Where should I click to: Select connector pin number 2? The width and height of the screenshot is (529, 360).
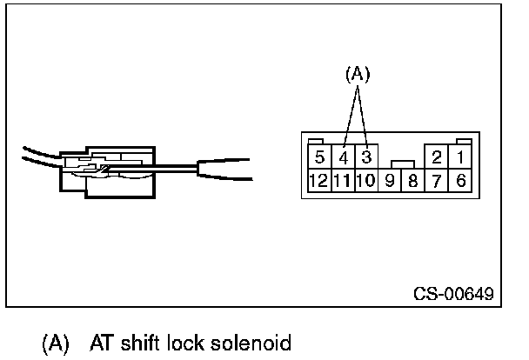click(x=437, y=157)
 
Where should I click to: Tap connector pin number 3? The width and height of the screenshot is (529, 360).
click(x=367, y=157)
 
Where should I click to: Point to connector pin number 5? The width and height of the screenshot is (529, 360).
click(x=320, y=157)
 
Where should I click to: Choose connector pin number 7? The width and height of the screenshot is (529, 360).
click(x=437, y=181)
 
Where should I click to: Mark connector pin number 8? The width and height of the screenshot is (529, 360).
click(x=413, y=181)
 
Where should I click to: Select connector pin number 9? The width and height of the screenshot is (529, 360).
click(x=391, y=181)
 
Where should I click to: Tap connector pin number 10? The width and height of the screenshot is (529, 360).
click(x=365, y=181)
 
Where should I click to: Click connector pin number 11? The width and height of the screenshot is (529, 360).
click(x=342, y=181)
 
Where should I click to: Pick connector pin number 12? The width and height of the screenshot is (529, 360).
click(x=318, y=181)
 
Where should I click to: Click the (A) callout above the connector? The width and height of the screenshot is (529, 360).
click(x=357, y=76)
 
